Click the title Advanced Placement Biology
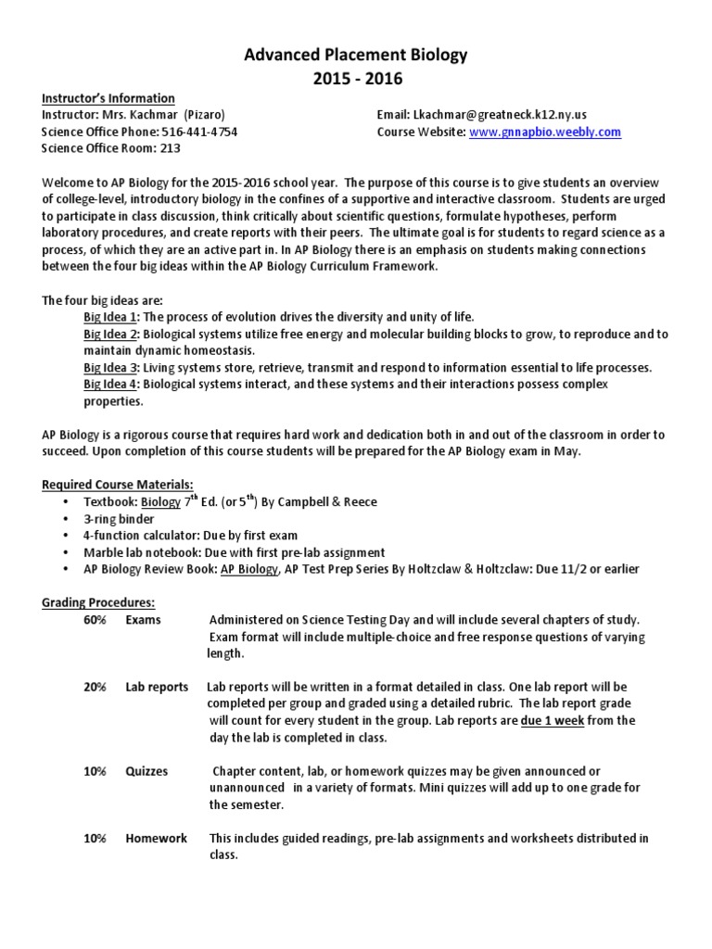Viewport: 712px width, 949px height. pos(356,57)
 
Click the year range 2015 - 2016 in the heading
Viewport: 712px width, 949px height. pos(356,79)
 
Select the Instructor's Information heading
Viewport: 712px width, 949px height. pos(108,98)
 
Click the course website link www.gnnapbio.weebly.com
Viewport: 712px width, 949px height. pos(545,132)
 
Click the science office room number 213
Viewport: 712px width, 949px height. pos(171,148)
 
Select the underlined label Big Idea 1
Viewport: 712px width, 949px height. pos(109,317)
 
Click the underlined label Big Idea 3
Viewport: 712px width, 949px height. pos(109,368)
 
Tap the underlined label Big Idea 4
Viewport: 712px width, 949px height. pos(109,385)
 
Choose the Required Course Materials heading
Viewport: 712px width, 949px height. pos(118,485)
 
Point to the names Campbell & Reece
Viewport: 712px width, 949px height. pos(324,502)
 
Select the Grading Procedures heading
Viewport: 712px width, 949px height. pos(98,602)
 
